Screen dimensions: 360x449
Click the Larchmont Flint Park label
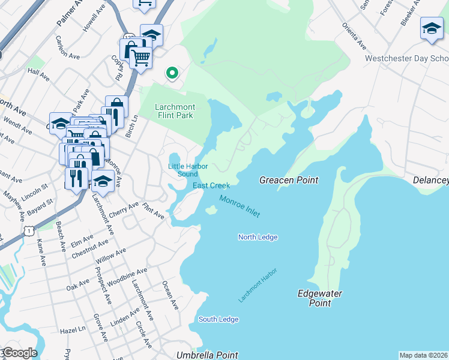click(174, 111)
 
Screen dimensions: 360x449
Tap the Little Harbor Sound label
click(183, 170)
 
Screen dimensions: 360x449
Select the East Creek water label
click(211, 185)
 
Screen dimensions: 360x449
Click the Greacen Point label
click(288, 180)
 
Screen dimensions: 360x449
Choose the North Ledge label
click(258, 237)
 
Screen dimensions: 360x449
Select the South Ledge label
click(218, 319)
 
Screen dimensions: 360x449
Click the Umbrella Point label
click(207, 355)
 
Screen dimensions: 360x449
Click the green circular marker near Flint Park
click(172, 73)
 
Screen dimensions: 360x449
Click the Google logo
click(19, 353)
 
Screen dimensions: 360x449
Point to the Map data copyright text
click(423, 355)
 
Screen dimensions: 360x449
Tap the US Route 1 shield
click(28, 230)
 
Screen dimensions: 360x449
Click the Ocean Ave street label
click(172, 296)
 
